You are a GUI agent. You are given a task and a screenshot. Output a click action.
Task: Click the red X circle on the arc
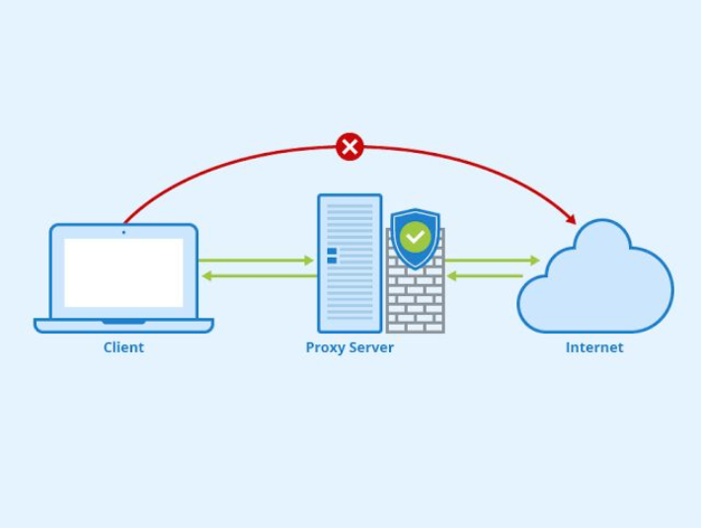pyautogui.click(x=350, y=147)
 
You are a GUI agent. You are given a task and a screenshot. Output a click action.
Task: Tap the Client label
pyautogui.click(x=123, y=347)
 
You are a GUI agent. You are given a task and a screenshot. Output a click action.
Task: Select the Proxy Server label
pyautogui.click(x=350, y=347)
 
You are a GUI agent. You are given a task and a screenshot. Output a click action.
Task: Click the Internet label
pyautogui.click(x=594, y=347)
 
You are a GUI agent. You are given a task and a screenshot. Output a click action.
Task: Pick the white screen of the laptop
pyautogui.click(x=123, y=271)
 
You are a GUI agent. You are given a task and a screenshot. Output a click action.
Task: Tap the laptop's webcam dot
pyautogui.click(x=123, y=232)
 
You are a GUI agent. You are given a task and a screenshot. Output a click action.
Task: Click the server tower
pyautogui.click(x=349, y=263)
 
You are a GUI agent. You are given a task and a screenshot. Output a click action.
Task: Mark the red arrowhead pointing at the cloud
pyautogui.click(x=570, y=218)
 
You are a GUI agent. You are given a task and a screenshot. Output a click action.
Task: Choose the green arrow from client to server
pyautogui.click(x=256, y=261)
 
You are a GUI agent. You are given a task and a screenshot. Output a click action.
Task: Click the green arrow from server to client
pyautogui.click(x=256, y=276)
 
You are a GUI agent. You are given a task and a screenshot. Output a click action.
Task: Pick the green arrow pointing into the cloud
pyautogui.click(x=493, y=261)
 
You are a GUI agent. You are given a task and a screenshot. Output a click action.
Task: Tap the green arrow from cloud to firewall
pyautogui.click(x=485, y=276)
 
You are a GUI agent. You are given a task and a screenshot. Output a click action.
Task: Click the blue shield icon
pyautogui.click(x=415, y=240)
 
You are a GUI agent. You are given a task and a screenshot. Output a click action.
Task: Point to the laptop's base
pyautogui.click(x=123, y=325)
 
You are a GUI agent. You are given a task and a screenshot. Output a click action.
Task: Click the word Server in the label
pyautogui.click(x=371, y=347)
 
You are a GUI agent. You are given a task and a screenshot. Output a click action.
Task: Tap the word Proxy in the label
pyautogui.click(x=325, y=347)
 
